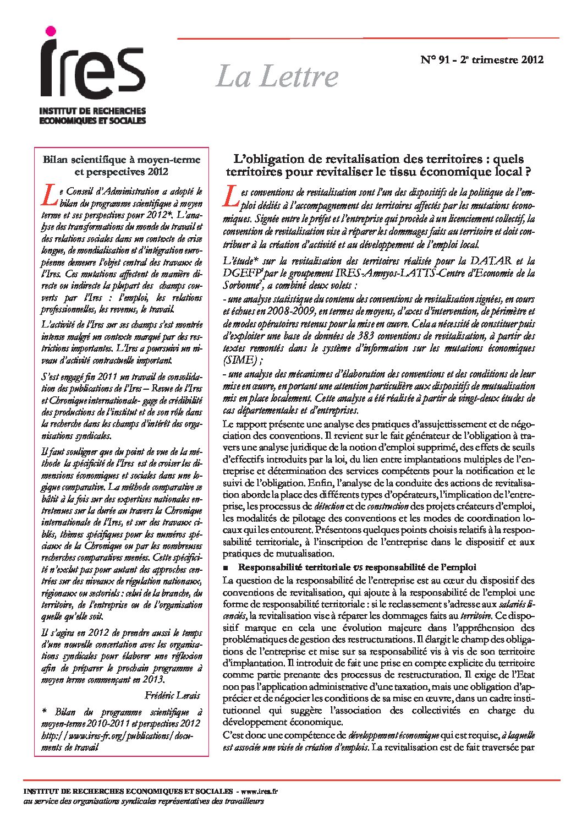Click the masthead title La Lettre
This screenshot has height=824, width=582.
tap(277, 76)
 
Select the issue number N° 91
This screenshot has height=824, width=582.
tap(438, 59)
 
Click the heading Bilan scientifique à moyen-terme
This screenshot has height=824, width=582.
tap(122, 160)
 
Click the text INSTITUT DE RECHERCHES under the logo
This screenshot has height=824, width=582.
tap(92, 111)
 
